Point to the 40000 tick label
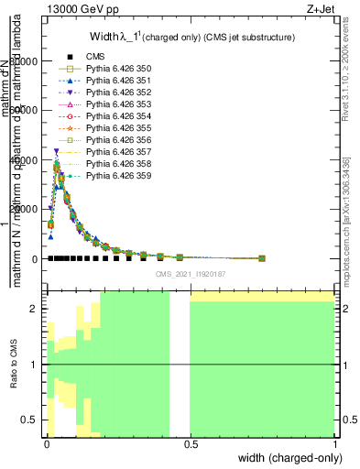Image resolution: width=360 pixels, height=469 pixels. (27, 160)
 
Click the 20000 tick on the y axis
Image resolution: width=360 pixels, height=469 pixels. (27, 210)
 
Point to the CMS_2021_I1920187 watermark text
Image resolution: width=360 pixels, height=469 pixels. (190, 274)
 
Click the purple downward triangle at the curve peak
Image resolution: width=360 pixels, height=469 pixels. (56, 152)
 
